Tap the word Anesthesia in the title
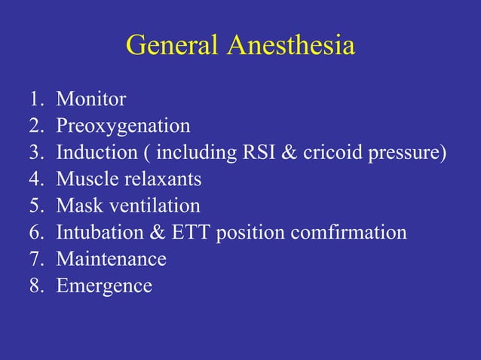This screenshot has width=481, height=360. tap(290, 46)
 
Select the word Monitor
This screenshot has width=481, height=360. tap(91, 99)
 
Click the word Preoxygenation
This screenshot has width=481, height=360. tap(123, 126)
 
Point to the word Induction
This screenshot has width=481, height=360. tap(96, 152)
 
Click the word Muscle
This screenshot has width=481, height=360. tap(87, 179)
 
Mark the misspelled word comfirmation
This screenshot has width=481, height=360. tap(346, 233)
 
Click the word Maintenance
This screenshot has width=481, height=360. tap(111, 259)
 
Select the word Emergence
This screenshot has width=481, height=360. tap(104, 287)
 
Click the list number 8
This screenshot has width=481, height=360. tap(35, 286)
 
